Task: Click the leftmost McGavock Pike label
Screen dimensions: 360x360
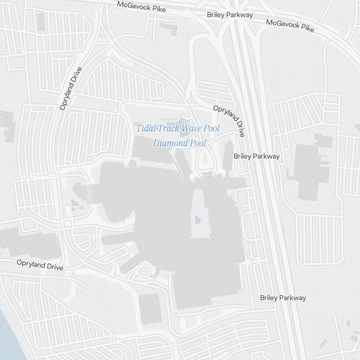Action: (x=141, y=6)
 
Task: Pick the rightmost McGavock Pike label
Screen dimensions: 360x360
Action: (x=290, y=26)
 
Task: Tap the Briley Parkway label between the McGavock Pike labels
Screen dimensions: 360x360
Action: (x=230, y=15)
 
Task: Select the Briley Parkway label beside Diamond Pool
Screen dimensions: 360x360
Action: (x=256, y=156)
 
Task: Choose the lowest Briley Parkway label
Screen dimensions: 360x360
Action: (x=283, y=298)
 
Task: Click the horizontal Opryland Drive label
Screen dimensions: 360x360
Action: (x=40, y=265)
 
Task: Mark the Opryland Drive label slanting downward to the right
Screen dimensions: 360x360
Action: (x=229, y=121)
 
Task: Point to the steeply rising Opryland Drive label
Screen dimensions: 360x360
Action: (x=71, y=89)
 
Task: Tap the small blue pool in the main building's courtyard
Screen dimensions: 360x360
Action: (x=197, y=219)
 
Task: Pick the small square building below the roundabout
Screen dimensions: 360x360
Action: (x=149, y=308)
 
